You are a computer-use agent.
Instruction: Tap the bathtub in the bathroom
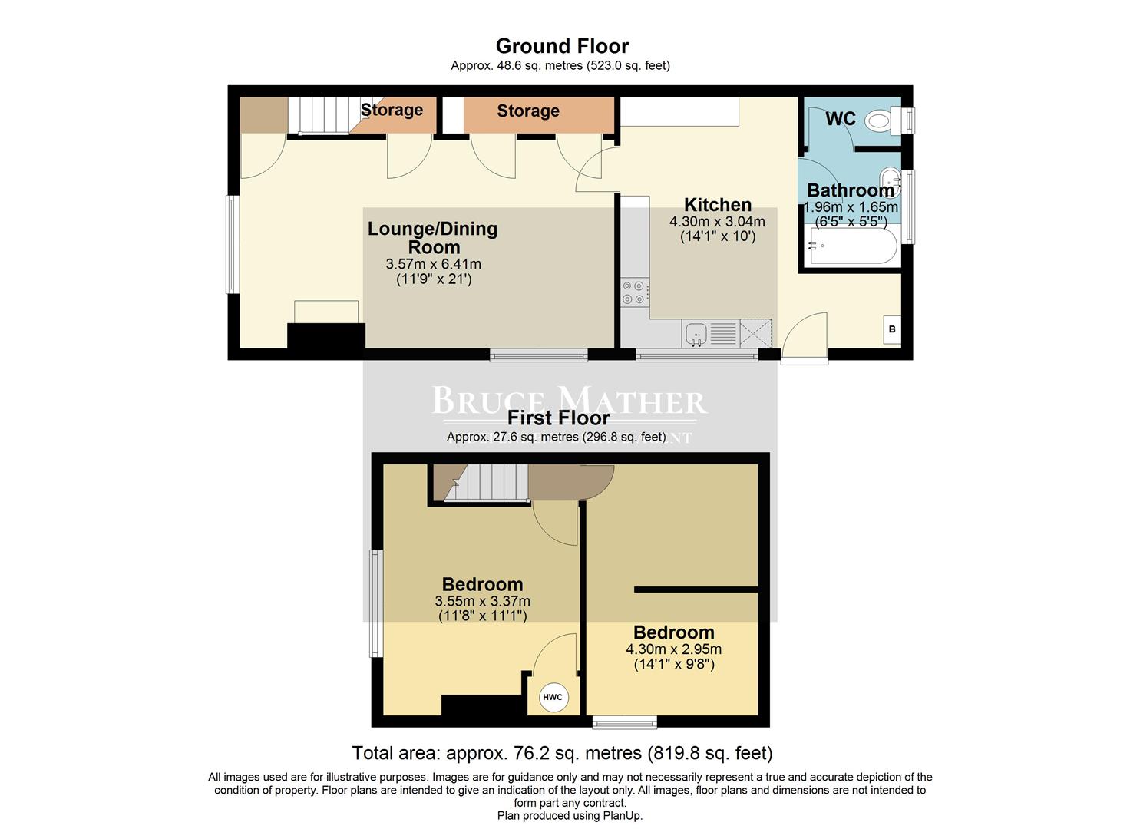(853, 247)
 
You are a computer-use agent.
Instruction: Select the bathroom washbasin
(890, 177)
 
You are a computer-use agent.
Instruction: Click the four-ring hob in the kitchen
(633, 292)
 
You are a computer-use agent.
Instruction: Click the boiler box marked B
(891, 329)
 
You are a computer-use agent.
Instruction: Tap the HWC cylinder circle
(552, 697)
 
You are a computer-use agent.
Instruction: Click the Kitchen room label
(717, 205)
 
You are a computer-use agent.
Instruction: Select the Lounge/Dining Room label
(433, 238)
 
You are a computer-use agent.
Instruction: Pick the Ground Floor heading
(562, 46)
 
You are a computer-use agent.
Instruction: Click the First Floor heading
(558, 418)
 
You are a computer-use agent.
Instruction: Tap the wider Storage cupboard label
(527, 111)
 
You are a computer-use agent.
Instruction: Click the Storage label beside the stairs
(392, 110)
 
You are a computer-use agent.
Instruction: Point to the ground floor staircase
(319, 115)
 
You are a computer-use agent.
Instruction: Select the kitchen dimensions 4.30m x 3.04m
(717, 222)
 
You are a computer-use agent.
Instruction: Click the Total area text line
(562, 753)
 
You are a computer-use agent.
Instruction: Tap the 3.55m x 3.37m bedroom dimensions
(482, 601)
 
